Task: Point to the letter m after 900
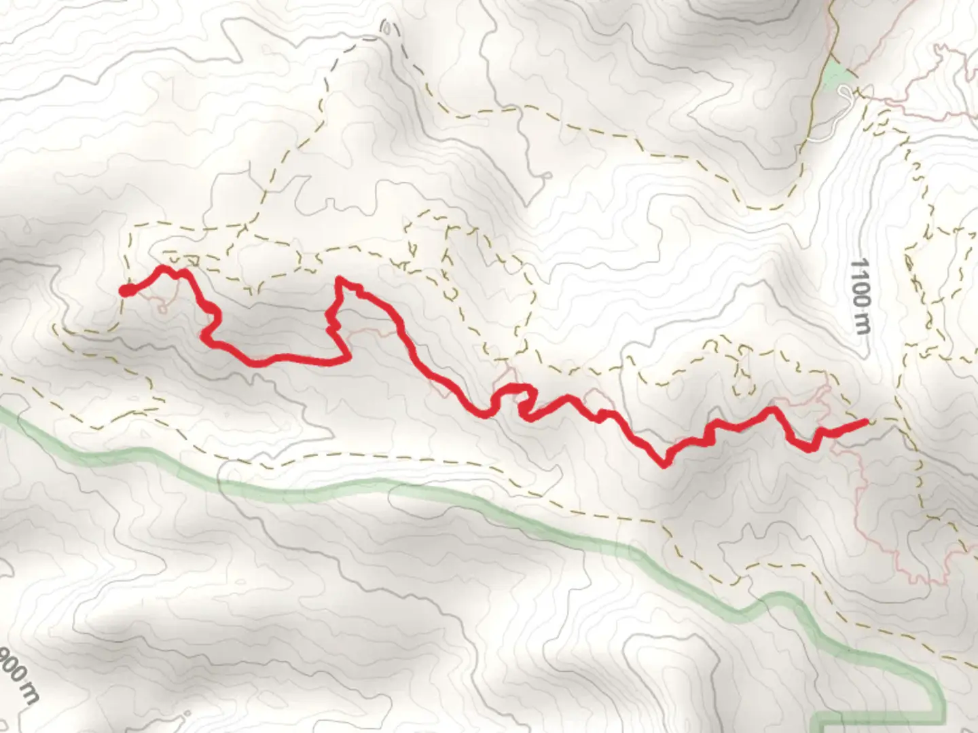[x=31, y=694]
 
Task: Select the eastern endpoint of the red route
[x=866, y=422]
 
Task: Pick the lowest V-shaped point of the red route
[x=664, y=465]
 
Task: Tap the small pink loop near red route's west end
[x=162, y=309]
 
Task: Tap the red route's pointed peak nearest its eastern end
[x=772, y=409]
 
